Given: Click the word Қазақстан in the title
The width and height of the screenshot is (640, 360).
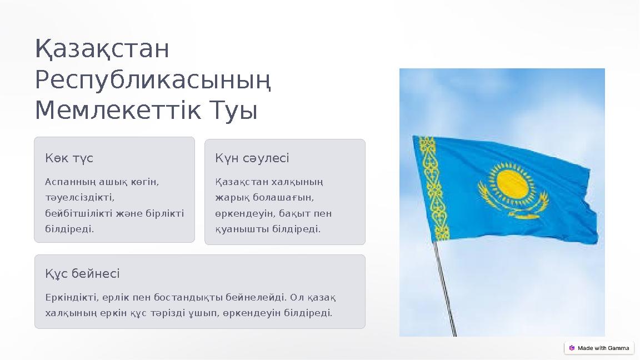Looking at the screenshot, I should [102, 49].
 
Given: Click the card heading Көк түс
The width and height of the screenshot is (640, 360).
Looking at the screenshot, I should [69, 158].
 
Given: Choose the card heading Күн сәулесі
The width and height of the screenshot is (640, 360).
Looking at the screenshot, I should [252, 158].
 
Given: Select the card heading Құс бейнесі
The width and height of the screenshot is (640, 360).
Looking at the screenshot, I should [82, 274].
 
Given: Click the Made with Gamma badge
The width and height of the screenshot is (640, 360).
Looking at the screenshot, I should [599, 348].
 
